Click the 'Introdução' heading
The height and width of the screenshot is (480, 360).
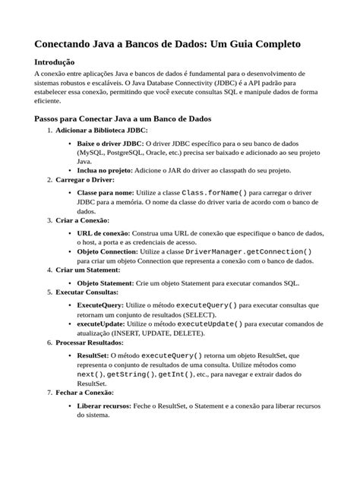click(55, 62)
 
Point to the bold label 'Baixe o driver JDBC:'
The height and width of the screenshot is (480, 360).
click(111, 144)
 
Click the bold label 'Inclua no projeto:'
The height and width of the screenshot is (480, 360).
click(109, 172)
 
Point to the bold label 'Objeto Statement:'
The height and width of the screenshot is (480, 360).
click(106, 282)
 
